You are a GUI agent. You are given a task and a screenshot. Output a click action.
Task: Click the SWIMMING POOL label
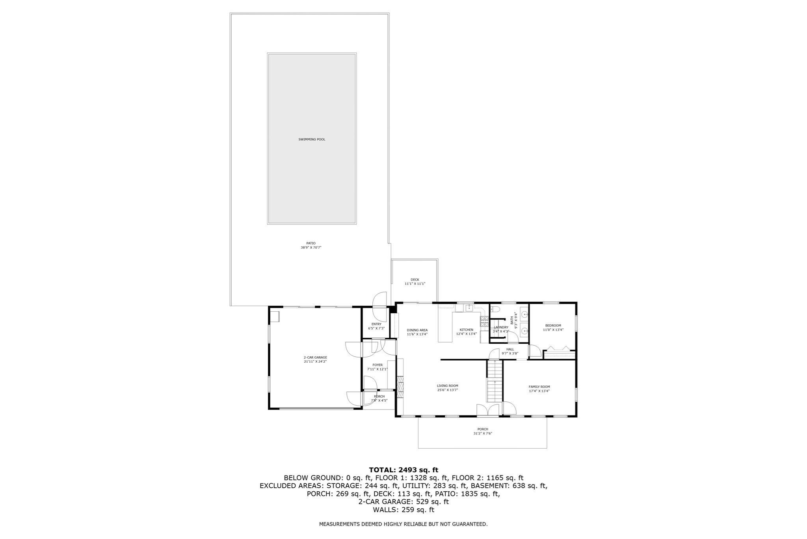(x=312, y=139)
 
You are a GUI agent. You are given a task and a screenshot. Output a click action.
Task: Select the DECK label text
(x=415, y=280)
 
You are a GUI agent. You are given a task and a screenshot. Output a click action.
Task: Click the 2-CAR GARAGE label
(x=315, y=357)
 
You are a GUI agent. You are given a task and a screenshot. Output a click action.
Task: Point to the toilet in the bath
(x=496, y=309)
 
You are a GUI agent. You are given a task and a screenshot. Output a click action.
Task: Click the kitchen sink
(x=469, y=308)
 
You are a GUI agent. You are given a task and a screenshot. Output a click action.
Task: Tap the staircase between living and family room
(x=495, y=381)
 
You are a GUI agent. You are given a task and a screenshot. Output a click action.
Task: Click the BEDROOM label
(x=553, y=326)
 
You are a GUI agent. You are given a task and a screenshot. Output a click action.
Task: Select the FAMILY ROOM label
(x=539, y=387)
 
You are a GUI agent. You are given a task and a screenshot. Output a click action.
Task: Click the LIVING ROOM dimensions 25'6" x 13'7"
(x=447, y=390)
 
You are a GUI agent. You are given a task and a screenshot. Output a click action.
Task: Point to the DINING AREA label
(x=417, y=330)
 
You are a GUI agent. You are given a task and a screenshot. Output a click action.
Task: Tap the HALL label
(x=510, y=349)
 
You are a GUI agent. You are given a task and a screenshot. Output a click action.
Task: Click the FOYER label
(x=377, y=365)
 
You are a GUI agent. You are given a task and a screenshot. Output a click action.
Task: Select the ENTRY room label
(x=376, y=324)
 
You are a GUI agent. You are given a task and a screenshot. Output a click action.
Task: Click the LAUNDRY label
(x=501, y=327)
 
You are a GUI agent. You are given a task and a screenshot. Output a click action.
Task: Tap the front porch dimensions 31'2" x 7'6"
(x=483, y=433)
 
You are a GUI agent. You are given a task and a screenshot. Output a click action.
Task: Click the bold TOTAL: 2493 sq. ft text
(x=403, y=470)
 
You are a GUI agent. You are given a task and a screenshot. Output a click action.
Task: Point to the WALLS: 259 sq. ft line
(x=403, y=510)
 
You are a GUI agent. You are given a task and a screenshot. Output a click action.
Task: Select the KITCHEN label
(x=466, y=330)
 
